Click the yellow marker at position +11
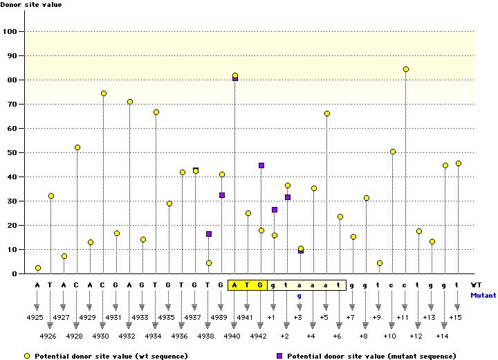click(406, 69)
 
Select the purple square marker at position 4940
click(235, 78)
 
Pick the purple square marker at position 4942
click(261, 165)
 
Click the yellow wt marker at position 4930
click(104, 93)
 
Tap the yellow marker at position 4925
click(38, 268)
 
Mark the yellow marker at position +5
click(327, 114)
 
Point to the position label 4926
click(48, 336)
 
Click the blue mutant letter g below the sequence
click(299, 296)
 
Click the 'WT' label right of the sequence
click(476, 285)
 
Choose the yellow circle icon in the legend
click(27, 356)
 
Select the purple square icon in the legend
click(281, 356)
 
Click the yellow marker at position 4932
click(130, 102)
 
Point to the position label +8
click(363, 336)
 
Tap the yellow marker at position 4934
click(156, 112)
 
